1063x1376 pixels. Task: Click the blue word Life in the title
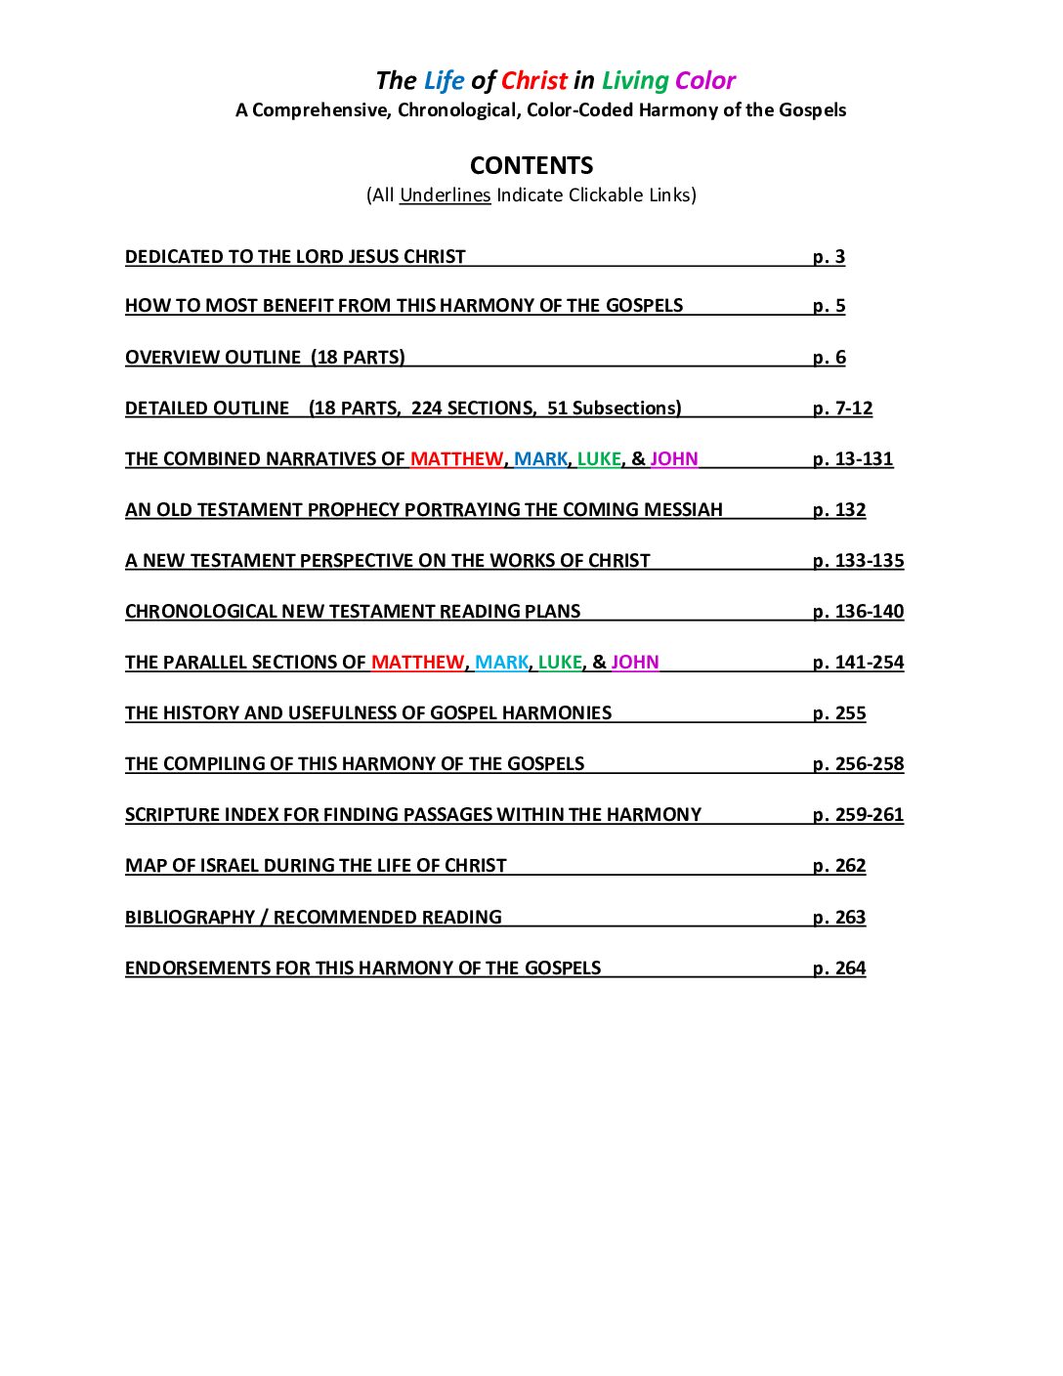pyautogui.click(x=444, y=80)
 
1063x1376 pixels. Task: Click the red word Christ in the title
pyautogui.click(x=533, y=80)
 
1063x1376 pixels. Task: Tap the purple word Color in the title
pyautogui.click(x=704, y=80)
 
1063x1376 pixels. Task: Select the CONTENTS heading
pyautogui.click(x=531, y=165)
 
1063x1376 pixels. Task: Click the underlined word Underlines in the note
pyautogui.click(x=445, y=194)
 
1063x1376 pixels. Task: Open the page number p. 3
pyautogui.click(x=829, y=256)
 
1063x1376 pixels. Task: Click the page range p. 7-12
pyautogui.click(x=842, y=408)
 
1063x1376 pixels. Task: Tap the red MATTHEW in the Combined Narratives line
pyautogui.click(x=456, y=458)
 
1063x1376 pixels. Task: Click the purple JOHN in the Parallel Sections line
pyautogui.click(x=635, y=662)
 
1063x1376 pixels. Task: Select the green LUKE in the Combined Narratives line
pyautogui.click(x=599, y=458)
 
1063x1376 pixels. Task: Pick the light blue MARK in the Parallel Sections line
pyautogui.click(x=502, y=662)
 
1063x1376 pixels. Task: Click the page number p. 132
pyautogui.click(x=839, y=509)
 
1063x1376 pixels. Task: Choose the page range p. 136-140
pyautogui.click(x=858, y=611)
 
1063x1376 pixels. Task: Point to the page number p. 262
pyautogui.click(x=839, y=865)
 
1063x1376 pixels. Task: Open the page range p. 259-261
pyautogui.click(x=858, y=814)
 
